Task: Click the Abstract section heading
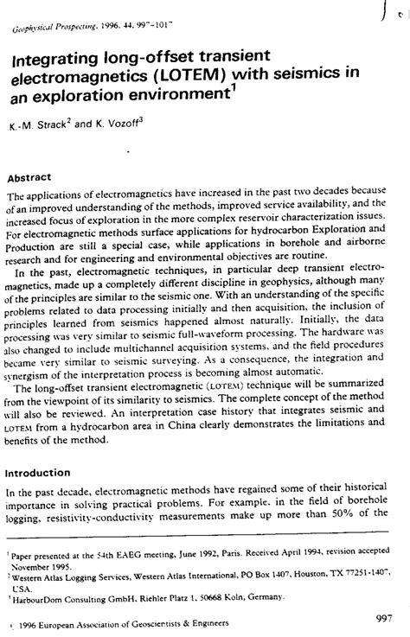pos(31,177)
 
